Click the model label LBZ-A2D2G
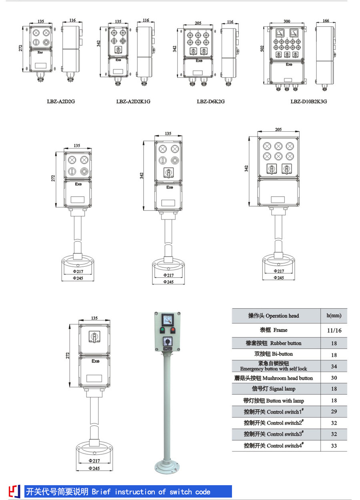pyautogui.click(x=61, y=102)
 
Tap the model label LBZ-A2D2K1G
pyautogui.click(x=133, y=102)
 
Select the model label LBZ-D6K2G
pyautogui.click(x=210, y=102)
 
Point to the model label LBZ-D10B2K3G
pyautogui.click(x=309, y=102)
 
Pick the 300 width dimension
pyautogui.click(x=287, y=21)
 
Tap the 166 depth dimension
pyautogui.click(x=326, y=21)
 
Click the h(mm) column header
pyautogui.click(x=334, y=315)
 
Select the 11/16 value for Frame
pyautogui.click(x=334, y=330)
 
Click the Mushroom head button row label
pyautogui.click(x=274, y=378)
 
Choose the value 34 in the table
pyautogui.click(x=334, y=366)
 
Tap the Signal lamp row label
pyautogui.click(x=274, y=389)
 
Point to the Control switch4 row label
pyautogui.click(x=274, y=446)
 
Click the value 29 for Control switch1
pyautogui.click(x=334, y=412)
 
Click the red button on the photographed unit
pyautogui.click(x=173, y=331)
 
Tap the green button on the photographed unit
pyautogui.click(x=162, y=331)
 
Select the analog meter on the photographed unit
pyautogui.click(x=167, y=319)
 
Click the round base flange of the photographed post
pyautogui.click(x=168, y=467)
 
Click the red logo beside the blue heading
pyautogui.click(x=14, y=491)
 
